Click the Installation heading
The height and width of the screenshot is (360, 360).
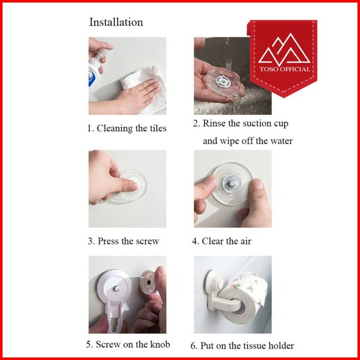(x=116, y=22)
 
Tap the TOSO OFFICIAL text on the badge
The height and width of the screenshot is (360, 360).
(x=284, y=69)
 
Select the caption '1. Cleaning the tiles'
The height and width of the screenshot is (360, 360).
(x=127, y=128)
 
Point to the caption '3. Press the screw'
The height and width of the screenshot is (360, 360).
(x=123, y=241)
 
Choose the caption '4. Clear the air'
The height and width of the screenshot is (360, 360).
(x=222, y=241)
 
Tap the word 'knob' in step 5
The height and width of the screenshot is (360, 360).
(x=160, y=344)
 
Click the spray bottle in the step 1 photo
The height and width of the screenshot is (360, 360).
(x=97, y=67)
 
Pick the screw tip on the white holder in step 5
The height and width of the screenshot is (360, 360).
(x=117, y=288)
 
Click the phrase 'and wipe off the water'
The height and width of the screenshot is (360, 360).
(x=247, y=141)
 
